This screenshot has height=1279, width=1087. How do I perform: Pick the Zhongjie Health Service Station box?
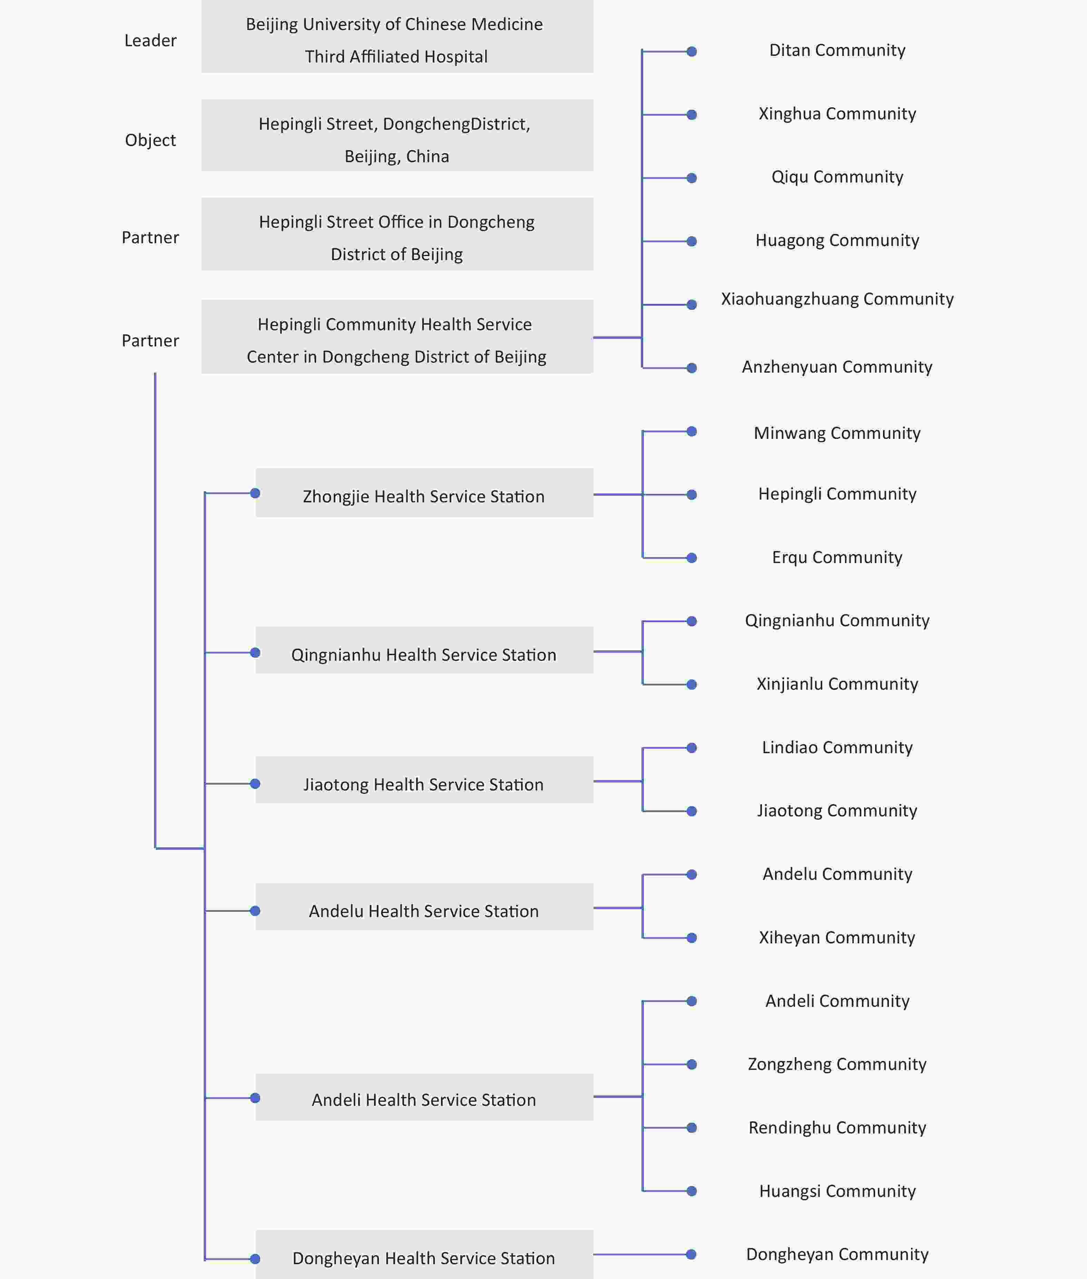coord(424,493)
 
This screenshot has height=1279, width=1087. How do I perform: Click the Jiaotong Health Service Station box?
coord(424,780)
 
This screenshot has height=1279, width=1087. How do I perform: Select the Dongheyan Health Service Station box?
coord(424,1255)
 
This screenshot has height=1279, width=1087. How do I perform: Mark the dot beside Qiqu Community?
coord(692,178)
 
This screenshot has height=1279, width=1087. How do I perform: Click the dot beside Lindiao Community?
coord(692,748)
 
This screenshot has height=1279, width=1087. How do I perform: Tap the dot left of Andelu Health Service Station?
coord(255,911)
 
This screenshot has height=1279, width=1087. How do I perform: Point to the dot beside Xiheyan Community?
coord(692,938)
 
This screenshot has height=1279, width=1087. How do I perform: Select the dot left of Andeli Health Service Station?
coord(255,1098)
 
